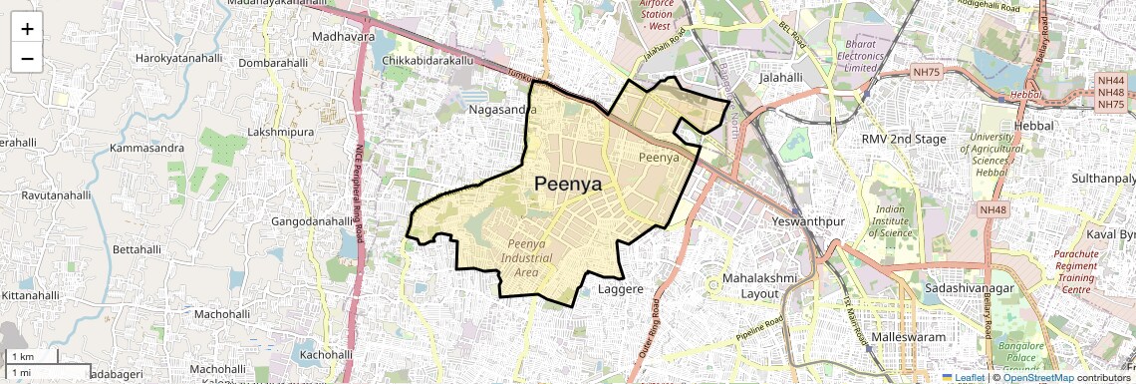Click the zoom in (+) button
pyautogui.click(x=27, y=28)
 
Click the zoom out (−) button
pyautogui.click(x=27, y=58)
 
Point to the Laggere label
pyautogui.click(x=624, y=290)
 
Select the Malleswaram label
pyautogui.click(x=908, y=337)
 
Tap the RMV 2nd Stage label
pyautogui.click(x=904, y=139)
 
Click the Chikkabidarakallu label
pyautogui.click(x=426, y=61)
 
